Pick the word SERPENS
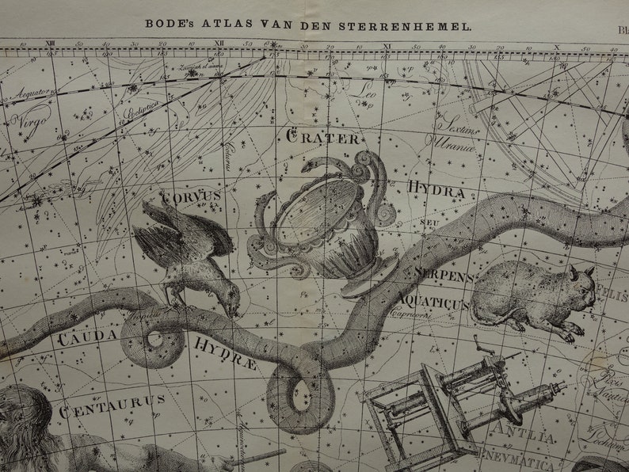click(x=443, y=277)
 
